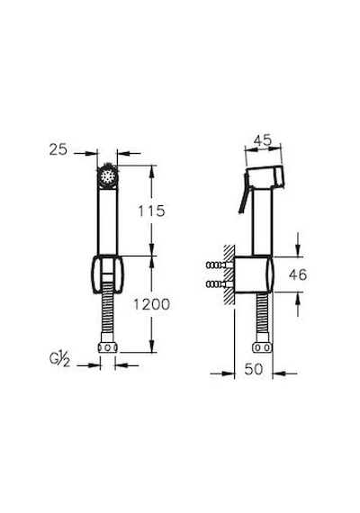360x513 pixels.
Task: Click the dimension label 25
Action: (58, 149)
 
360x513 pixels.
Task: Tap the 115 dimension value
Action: (151, 211)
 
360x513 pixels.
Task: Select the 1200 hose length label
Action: (151, 304)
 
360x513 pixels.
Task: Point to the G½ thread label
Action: (60, 360)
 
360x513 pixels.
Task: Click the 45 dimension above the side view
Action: (263, 140)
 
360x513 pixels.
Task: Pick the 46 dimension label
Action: (298, 274)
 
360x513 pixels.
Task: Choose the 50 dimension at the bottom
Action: (254, 369)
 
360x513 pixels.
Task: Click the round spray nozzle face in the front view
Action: (107, 176)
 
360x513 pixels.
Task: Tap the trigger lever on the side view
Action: (244, 195)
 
